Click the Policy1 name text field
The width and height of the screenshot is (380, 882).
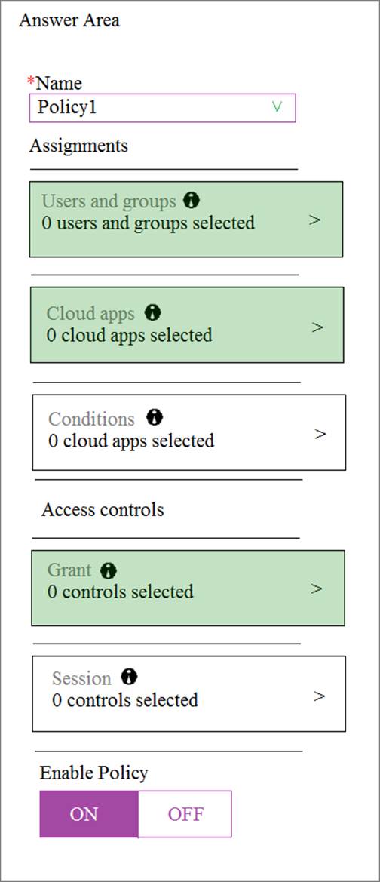click(162, 107)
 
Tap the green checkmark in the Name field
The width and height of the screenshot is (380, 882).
click(276, 107)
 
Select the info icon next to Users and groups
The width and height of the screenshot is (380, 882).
click(192, 200)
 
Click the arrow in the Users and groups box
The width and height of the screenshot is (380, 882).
click(315, 220)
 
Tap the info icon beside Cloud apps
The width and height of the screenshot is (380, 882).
click(152, 312)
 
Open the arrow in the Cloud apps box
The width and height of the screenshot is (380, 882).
click(317, 327)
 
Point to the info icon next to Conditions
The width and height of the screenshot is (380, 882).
click(154, 416)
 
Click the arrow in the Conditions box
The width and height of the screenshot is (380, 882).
click(320, 434)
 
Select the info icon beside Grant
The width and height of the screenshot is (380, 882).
click(109, 571)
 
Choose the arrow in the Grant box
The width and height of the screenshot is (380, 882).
click(317, 589)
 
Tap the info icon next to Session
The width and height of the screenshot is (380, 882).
click(129, 677)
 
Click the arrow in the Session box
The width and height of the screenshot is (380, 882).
click(319, 696)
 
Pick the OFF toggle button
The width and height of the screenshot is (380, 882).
click(185, 814)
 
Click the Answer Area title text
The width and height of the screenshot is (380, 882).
click(69, 21)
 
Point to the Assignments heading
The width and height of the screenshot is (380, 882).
click(78, 146)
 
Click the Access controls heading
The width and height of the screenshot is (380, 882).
click(103, 509)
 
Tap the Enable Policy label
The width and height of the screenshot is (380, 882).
click(94, 773)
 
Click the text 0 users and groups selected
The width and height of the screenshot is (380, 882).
click(149, 223)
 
